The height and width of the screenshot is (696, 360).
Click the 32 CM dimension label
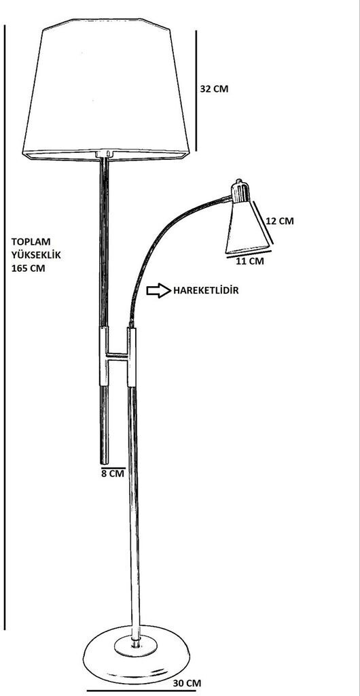click(x=215, y=88)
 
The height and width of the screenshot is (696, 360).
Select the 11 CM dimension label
click(x=249, y=261)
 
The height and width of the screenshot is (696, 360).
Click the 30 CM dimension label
click(x=187, y=684)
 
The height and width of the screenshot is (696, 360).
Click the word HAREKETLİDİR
click(x=206, y=290)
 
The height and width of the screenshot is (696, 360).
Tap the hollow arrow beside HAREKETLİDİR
click(x=159, y=290)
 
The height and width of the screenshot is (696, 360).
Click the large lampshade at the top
click(x=106, y=89)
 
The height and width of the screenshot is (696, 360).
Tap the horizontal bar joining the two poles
click(x=118, y=356)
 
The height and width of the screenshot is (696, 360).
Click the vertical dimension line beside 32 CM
click(x=196, y=90)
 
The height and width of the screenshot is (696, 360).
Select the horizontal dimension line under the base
click(x=141, y=691)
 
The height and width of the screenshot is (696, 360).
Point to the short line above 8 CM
click(x=113, y=468)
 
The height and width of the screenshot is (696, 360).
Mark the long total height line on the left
click(x=5, y=327)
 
